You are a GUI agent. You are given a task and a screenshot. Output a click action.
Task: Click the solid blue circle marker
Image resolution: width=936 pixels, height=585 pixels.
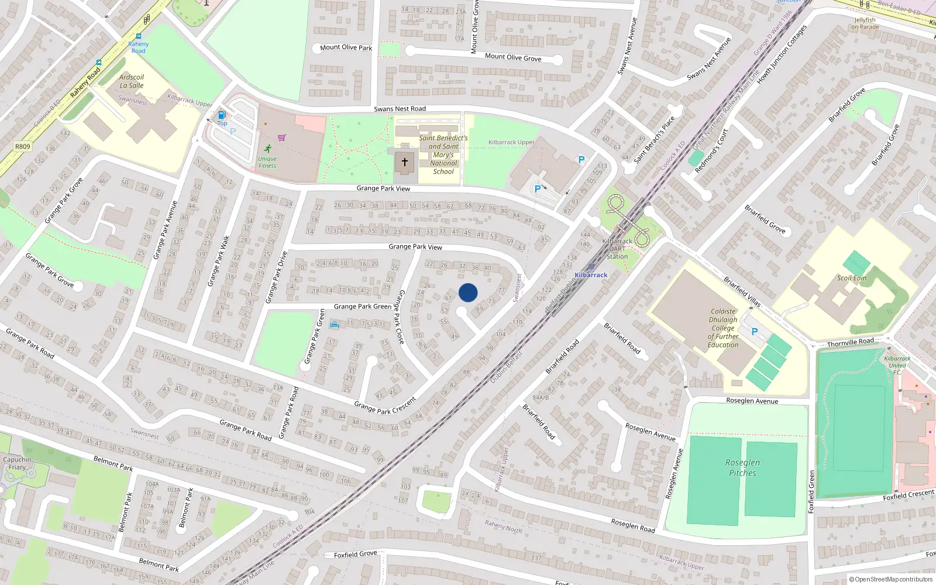(468, 292)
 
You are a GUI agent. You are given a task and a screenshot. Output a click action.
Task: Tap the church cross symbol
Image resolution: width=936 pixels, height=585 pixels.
(404, 162)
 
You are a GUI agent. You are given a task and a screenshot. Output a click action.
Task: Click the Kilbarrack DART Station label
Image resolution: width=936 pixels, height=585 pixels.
(617, 249)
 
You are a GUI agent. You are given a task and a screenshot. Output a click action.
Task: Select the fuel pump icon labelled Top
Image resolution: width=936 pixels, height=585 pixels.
(222, 115)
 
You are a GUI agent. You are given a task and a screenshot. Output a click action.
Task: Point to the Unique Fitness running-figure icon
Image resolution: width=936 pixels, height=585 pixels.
(268, 149)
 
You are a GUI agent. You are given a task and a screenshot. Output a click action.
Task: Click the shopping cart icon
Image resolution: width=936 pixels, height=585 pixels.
(282, 137)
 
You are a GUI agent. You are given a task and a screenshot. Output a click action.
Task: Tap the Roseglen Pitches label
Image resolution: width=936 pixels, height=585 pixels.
(742, 467)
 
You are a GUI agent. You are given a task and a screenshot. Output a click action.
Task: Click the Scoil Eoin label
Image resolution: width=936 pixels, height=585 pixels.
(851, 278)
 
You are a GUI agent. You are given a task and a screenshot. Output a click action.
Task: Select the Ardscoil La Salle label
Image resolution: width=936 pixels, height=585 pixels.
(132, 81)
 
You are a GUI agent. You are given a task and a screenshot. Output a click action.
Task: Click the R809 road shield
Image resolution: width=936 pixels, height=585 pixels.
(22, 146)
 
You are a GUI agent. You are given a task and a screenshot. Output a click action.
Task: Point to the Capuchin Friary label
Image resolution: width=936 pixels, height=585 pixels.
(17, 463)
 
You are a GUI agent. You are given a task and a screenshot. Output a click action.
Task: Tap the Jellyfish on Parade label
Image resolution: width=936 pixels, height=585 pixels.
(865, 23)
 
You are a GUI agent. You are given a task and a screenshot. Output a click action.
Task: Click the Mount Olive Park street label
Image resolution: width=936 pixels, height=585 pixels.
(346, 47)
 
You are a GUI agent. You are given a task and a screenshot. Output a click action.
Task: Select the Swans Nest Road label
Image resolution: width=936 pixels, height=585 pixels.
(400, 109)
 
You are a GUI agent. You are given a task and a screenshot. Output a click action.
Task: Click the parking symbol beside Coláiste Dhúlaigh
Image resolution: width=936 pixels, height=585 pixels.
(755, 332)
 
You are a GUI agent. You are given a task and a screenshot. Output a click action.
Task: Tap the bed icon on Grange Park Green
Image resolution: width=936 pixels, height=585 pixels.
(334, 324)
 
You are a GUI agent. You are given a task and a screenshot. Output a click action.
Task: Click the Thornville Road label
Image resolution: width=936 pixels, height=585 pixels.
(850, 342)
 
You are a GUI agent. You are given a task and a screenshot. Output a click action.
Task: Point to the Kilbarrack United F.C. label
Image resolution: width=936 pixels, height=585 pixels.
(897, 365)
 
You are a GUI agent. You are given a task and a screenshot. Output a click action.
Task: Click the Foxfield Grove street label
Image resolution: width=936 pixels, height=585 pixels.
(356, 555)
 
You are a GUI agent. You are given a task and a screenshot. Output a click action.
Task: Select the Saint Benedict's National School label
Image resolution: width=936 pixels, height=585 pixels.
(443, 155)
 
